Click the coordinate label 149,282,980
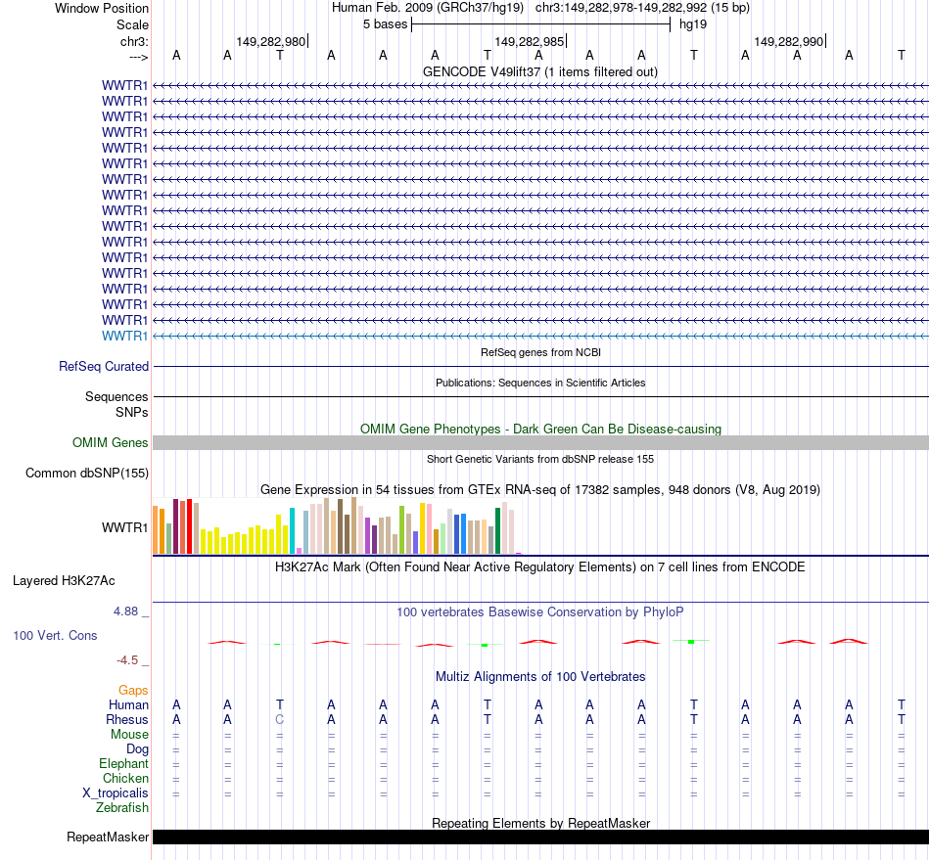(x=270, y=42)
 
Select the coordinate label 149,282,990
(x=788, y=42)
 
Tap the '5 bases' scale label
(x=385, y=24)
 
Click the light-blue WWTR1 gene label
(x=125, y=336)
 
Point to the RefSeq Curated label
(x=104, y=366)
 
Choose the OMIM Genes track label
(x=111, y=442)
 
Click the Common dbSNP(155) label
(x=86, y=474)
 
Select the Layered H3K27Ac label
(x=64, y=580)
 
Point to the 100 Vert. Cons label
(x=55, y=635)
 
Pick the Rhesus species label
(x=126, y=719)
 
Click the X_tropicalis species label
(x=116, y=792)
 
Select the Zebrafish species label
(x=122, y=807)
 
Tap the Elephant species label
(x=123, y=763)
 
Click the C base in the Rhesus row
(x=280, y=719)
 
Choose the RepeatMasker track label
(x=108, y=837)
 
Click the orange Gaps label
(x=133, y=690)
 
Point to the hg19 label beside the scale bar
(x=693, y=24)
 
